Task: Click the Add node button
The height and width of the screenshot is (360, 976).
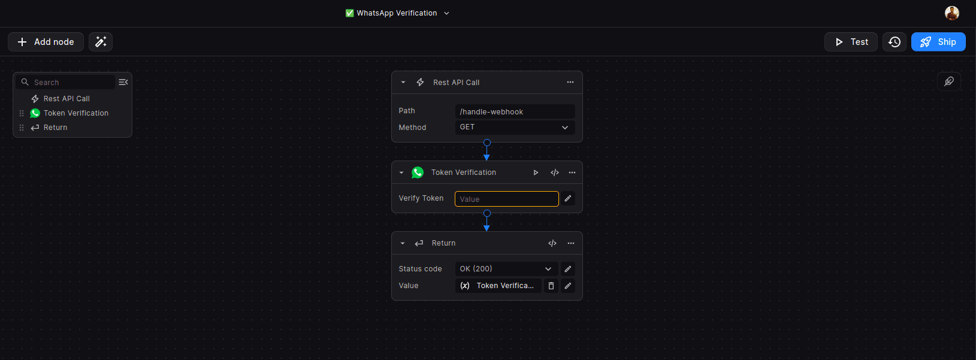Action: pyautogui.click(x=46, y=42)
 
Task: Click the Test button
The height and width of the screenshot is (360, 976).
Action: pyautogui.click(x=851, y=42)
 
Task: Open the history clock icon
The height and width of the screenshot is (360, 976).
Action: pyautogui.click(x=895, y=42)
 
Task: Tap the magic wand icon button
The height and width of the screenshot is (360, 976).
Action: pyautogui.click(x=101, y=42)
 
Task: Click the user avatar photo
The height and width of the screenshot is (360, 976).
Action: pyautogui.click(x=951, y=13)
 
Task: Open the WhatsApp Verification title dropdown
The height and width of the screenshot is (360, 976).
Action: pyautogui.click(x=397, y=13)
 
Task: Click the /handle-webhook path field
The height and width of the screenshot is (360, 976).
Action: pyautogui.click(x=515, y=111)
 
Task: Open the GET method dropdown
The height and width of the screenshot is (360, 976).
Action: pyautogui.click(x=515, y=127)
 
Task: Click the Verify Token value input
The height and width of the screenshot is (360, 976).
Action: pyautogui.click(x=507, y=199)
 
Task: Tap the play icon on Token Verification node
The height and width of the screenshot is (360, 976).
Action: pyautogui.click(x=536, y=173)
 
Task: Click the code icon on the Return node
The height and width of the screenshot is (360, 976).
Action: pyautogui.click(x=552, y=243)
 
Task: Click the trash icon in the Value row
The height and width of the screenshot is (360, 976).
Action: pyautogui.click(x=551, y=286)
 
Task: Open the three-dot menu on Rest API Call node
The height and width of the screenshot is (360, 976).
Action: pyautogui.click(x=570, y=83)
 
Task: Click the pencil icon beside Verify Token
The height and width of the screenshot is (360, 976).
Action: pyautogui.click(x=568, y=199)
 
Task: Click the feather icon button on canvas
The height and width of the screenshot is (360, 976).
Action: pyautogui.click(x=949, y=81)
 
